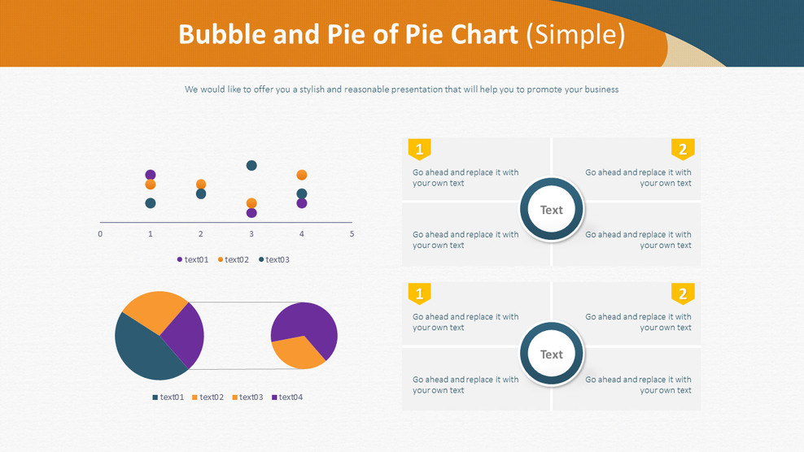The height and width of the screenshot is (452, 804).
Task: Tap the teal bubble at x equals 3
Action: [x=251, y=166]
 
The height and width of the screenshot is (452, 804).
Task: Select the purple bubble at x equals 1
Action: [x=151, y=175]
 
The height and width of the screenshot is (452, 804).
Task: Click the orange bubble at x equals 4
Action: [x=302, y=175]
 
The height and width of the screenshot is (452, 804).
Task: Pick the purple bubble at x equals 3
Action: [x=251, y=213]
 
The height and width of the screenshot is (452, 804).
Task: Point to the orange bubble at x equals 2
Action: [x=201, y=185]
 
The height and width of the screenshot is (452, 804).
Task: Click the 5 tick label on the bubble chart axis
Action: [x=352, y=234]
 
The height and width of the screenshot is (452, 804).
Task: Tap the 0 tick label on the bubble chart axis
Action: [x=100, y=234]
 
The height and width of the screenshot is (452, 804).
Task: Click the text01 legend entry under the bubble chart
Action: [x=193, y=260]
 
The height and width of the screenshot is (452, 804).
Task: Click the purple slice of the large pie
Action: [x=186, y=334]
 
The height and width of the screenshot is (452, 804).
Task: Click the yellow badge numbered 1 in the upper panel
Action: [x=419, y=149]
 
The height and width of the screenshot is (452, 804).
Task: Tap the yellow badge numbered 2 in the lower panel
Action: [x=683, y=293]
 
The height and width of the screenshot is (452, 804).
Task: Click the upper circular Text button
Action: [x=551, y=210]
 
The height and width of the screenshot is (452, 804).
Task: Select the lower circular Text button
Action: [x=551, y=354]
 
